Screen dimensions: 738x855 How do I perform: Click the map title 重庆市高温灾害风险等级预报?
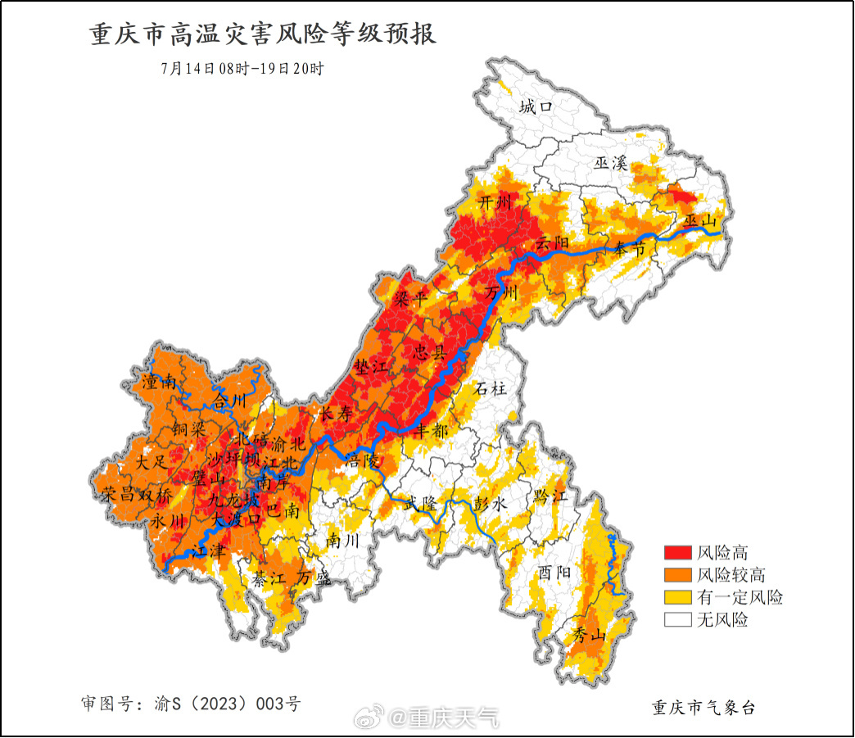point(263,35)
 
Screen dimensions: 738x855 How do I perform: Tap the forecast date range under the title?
point(242,69)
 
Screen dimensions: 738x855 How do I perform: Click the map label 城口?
point(537,106)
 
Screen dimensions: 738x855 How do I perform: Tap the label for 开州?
point(494,201)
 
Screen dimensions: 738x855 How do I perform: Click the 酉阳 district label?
point(554,571)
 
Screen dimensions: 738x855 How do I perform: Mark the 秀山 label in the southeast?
point(588,635)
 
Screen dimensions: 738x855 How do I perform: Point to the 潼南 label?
point(159,381)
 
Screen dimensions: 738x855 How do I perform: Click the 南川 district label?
point(342,541)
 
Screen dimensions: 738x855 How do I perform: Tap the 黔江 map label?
point(550,496)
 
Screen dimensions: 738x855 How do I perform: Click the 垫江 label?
point(370,366)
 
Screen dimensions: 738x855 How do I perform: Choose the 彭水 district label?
point(491,504)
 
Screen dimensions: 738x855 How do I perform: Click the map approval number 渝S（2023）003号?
point(191,704)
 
